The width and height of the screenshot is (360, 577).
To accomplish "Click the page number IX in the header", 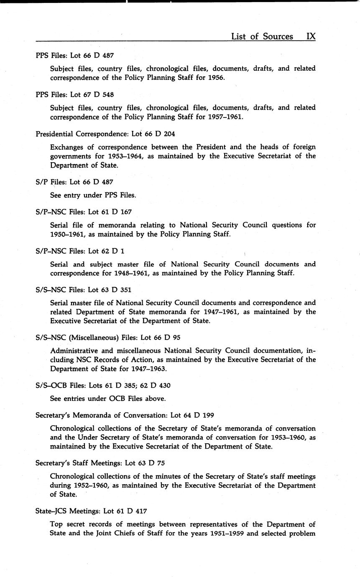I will coord(311,36).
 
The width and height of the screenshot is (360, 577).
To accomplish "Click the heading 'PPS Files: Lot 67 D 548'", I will coord(75,94).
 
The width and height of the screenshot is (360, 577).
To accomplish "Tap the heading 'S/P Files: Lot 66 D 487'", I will coord(74,182).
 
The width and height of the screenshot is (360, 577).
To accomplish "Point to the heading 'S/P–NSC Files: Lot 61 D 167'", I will coord(84,212).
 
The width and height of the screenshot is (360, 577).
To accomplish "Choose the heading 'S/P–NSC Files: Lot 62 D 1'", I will coord(80,251).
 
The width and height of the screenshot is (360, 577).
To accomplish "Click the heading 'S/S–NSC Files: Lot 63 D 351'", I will coord(83,290).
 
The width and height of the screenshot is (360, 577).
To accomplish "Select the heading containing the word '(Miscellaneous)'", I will coord(108,337).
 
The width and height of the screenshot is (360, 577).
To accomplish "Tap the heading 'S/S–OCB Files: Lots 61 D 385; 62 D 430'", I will coord(103,385).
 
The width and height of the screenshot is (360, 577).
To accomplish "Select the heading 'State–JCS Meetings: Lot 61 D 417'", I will coord(91,511).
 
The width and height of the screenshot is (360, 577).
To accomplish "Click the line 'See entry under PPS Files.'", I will coord(93,195).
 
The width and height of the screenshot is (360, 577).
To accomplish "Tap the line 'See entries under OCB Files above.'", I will coord(108,399).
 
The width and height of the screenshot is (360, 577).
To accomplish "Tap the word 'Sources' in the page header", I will coord(278,36).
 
